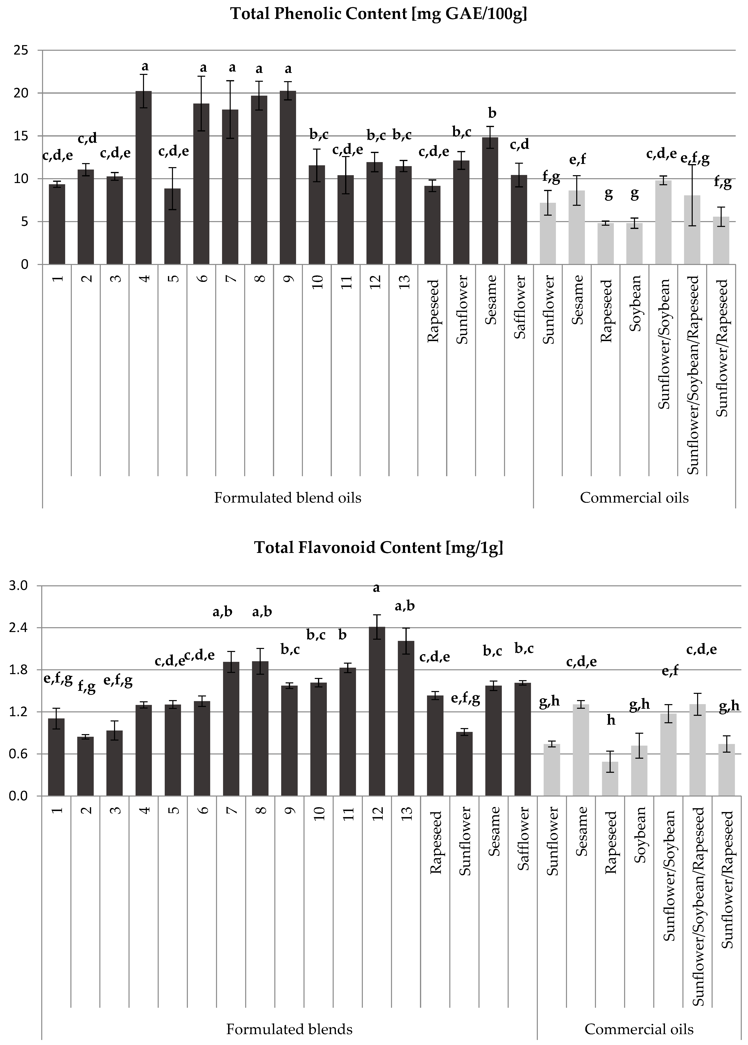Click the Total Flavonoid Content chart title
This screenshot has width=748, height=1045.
click(378, 548)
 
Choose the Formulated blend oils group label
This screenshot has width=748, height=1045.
click(288, 498)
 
